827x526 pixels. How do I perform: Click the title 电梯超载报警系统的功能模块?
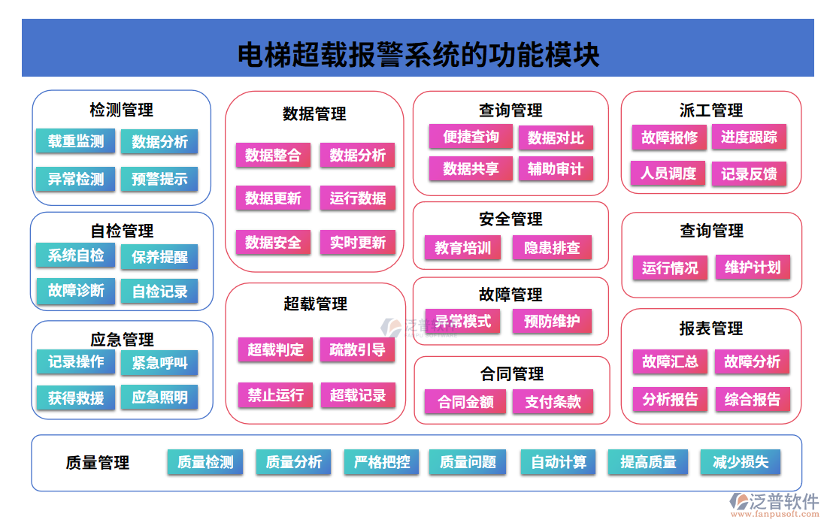(418, 54)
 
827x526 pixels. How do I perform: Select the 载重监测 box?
(76, 141)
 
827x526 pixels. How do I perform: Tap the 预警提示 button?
(159, 179)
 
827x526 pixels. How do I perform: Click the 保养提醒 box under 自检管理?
(159, 256)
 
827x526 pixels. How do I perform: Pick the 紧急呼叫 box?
(159, 363)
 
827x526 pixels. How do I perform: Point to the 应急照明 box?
(159, 398)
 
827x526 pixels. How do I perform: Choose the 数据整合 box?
(273, 156)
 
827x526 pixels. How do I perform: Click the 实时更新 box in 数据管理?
(358, 243)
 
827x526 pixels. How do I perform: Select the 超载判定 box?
(275, 349)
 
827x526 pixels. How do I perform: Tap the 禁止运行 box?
(275, 394)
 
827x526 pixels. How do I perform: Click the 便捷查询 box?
(471, 137)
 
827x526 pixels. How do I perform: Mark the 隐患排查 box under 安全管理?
(552, 248)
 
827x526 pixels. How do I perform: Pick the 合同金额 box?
(465, 402)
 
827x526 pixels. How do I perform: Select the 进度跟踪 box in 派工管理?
(749, 137)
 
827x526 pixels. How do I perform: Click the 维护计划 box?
(753, 268)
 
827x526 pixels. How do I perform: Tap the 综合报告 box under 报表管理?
(753, 399)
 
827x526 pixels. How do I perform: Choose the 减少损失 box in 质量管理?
(741, 462)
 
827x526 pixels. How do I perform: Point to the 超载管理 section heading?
(315, 304)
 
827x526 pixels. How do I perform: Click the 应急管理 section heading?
(122, 340)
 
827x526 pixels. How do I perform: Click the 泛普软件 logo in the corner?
(774, 502)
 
